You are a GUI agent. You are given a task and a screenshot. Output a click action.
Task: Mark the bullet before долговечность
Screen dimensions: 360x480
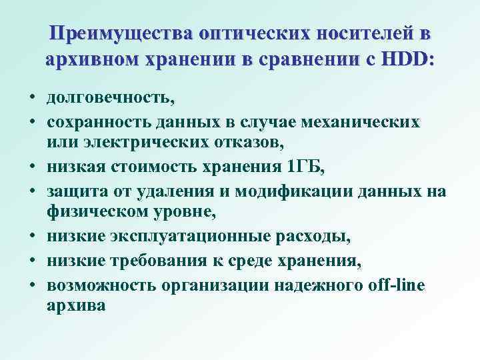coord(31,99)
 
